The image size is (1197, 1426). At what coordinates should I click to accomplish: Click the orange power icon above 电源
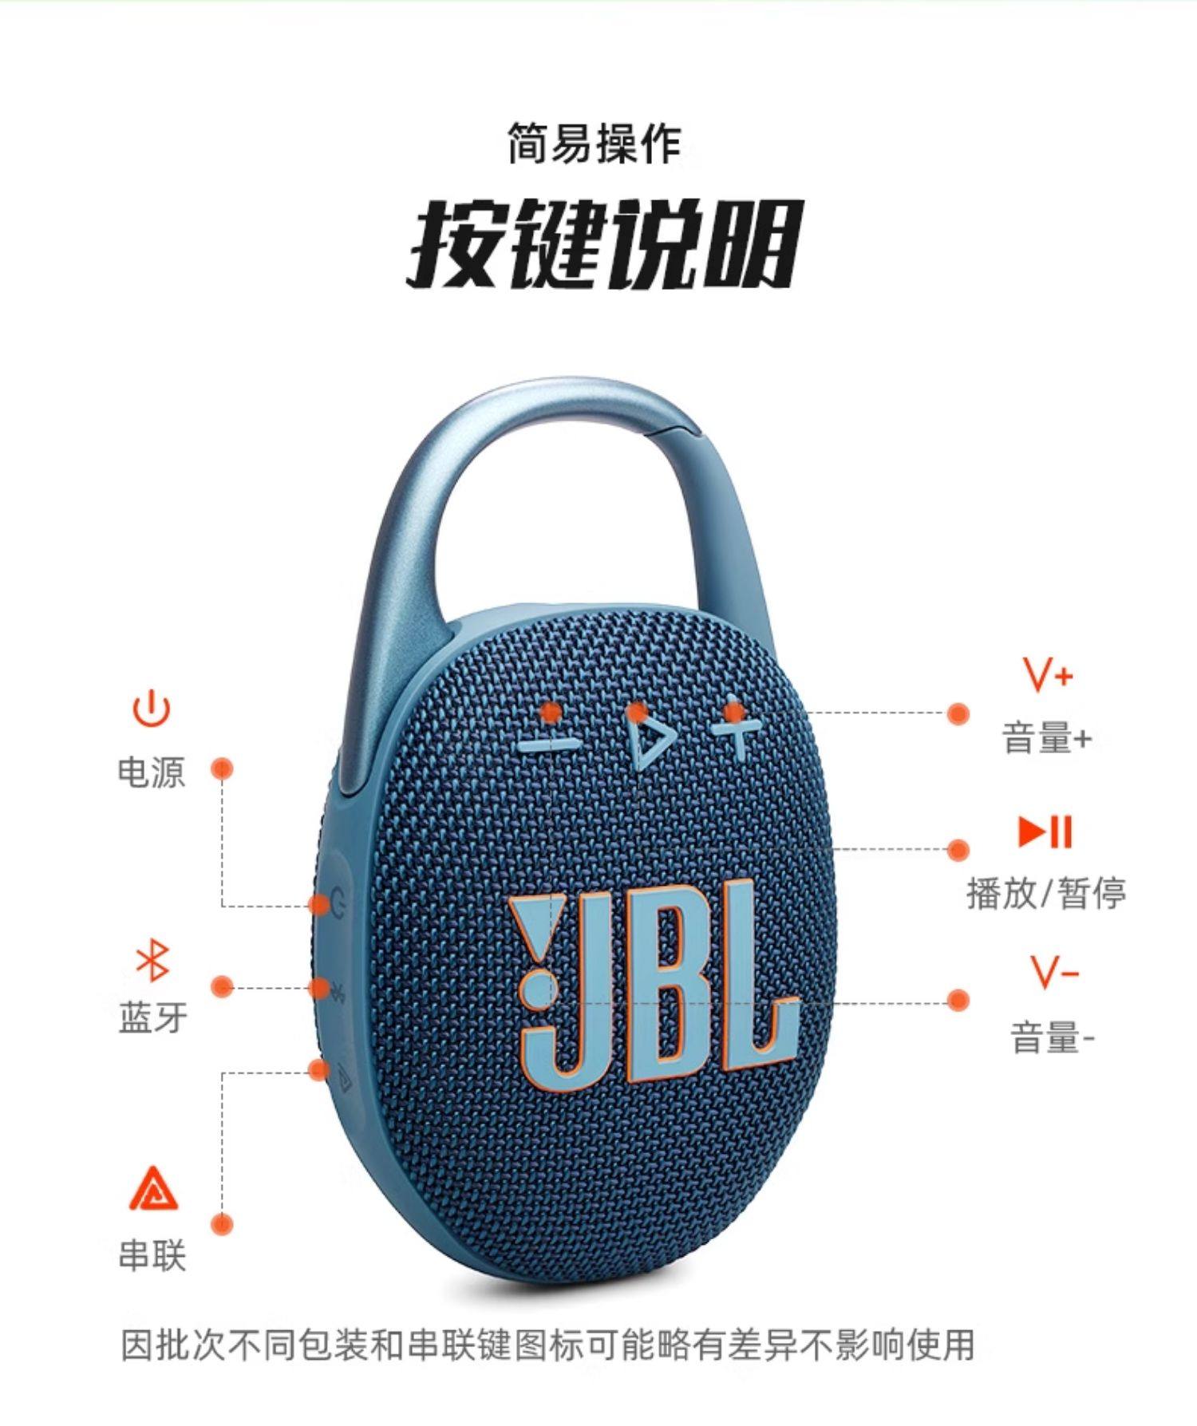click(152, 709)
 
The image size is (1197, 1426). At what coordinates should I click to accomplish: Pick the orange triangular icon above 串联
click(153, 1189)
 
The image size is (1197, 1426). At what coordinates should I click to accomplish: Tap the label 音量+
click(1046, 739)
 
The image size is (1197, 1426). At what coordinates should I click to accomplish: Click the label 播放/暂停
click(1046, 893)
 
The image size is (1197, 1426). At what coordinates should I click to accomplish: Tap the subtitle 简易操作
click(595, 144)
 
